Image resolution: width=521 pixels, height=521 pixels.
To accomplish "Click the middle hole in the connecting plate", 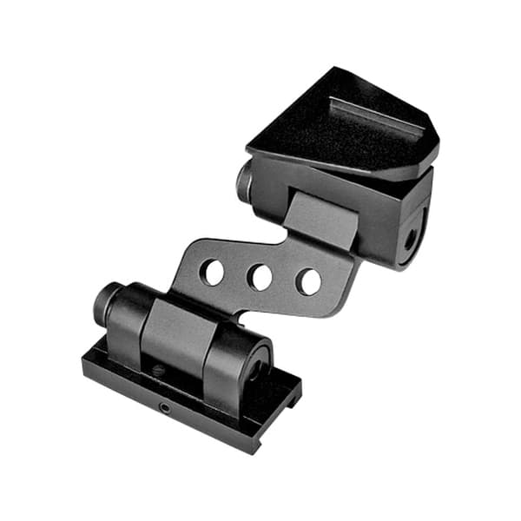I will tap(260, 277).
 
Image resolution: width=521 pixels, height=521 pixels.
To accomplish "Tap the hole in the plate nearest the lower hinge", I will tap(212, 272).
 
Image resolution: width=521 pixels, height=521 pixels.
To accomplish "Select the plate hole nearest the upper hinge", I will tap(307, 281).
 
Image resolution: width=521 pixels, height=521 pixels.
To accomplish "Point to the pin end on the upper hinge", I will tap(244, 179).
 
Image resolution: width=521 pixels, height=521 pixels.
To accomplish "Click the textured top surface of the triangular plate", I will tap(339, 130).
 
